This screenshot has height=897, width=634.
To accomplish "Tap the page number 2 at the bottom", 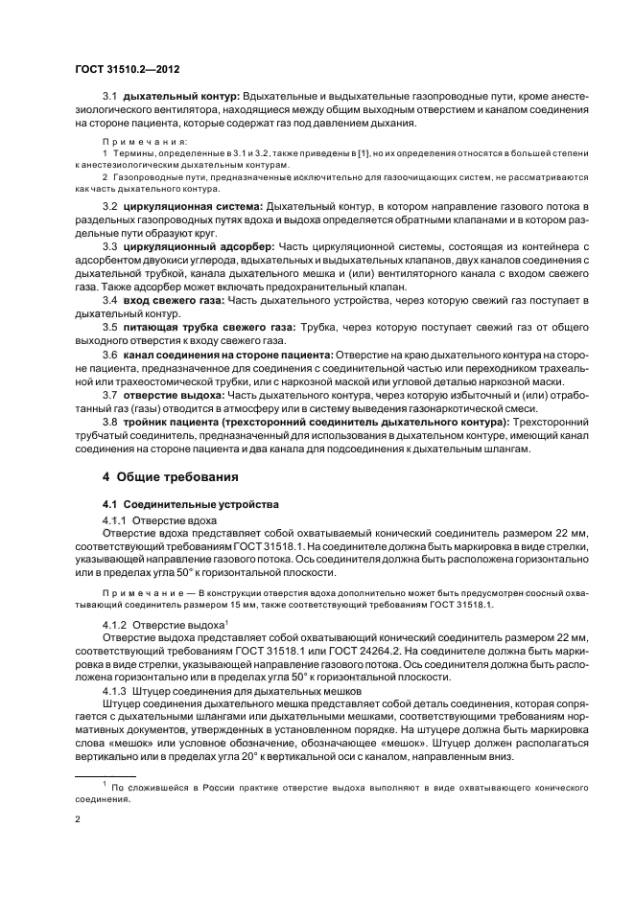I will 78,820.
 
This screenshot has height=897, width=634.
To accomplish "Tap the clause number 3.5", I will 109,327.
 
